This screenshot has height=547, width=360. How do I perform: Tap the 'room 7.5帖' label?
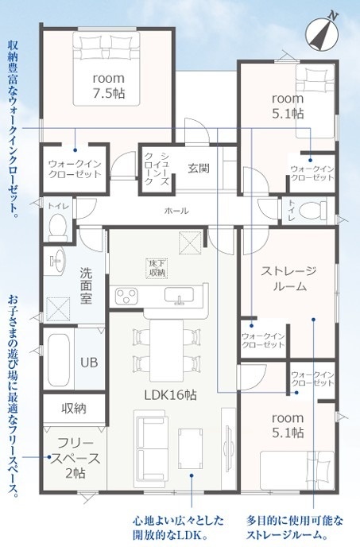[109, 86]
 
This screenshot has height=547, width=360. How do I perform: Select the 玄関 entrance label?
[199, 168]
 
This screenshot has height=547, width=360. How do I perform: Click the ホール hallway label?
[176, 211]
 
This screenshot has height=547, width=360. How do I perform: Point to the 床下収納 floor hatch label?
[157, 268]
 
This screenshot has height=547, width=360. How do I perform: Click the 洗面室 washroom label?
[86, 285]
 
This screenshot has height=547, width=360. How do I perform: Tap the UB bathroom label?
[89, 362]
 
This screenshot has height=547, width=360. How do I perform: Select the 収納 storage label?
[74, 408]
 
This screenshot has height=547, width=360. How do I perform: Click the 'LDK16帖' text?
[171, 395]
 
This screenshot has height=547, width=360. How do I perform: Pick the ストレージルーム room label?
[289, 278]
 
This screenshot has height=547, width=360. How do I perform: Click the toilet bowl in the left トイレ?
[58, 227]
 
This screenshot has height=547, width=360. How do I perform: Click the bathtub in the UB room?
[58, 360]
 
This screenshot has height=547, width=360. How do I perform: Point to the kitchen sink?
[180, 296]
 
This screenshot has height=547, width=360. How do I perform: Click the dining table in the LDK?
[167, 351]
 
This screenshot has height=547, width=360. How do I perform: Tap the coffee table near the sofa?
[191, 448]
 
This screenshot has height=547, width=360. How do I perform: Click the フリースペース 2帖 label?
[75, 458]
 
